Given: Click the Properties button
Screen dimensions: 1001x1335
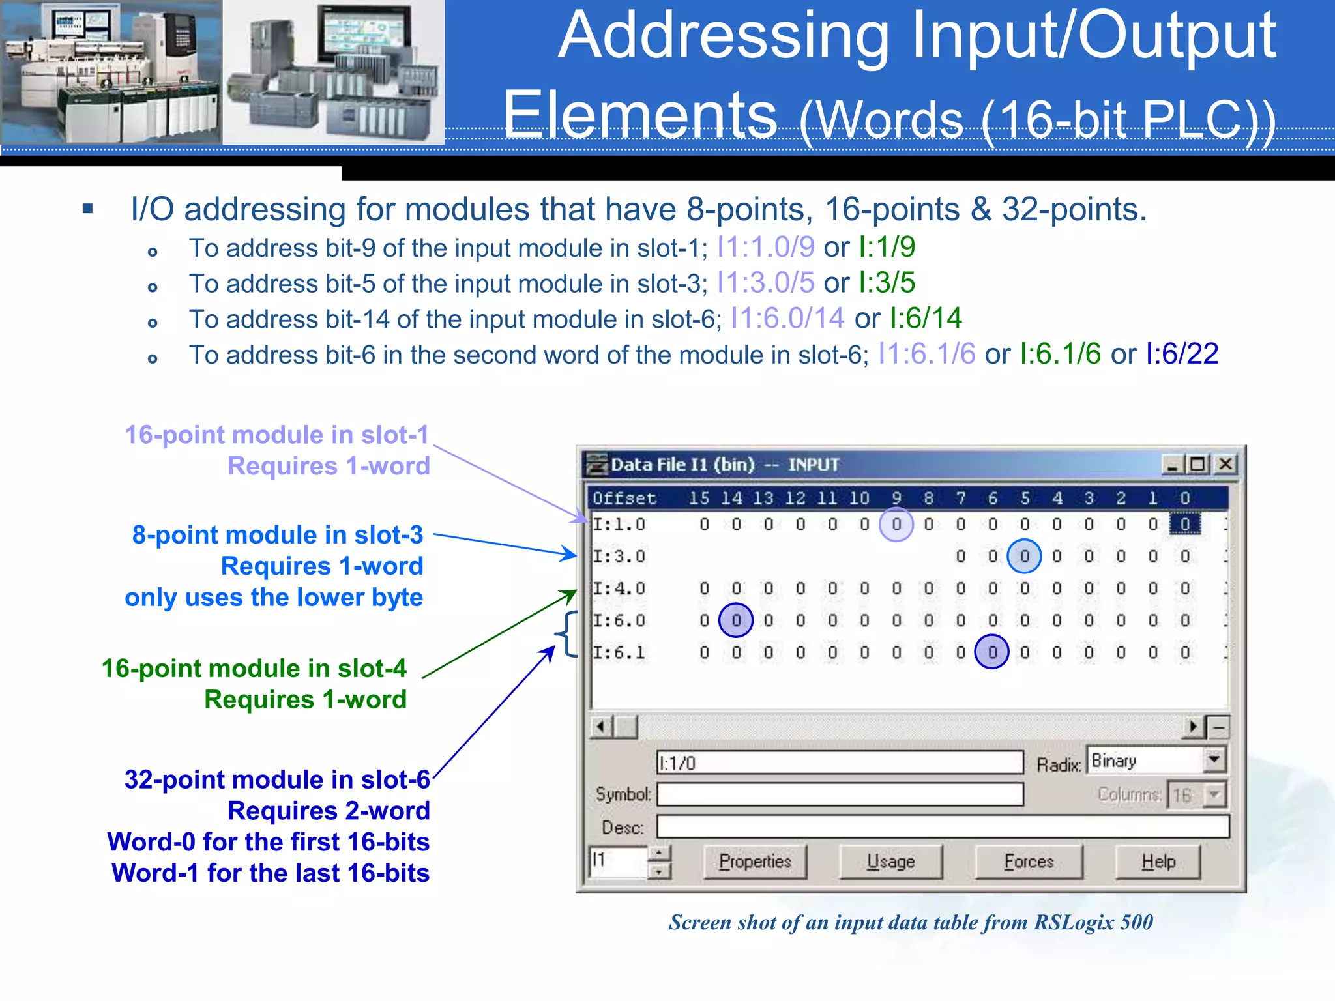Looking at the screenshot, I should click(x=755, y=862).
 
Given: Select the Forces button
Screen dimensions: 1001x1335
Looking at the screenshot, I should click(x=1029, y=862).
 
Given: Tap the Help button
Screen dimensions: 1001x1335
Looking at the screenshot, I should click(x=1158, y=862).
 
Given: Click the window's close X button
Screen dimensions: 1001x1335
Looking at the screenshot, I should click(x=1225, y=464).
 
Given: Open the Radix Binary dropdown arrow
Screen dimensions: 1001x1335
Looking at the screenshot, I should click(x=1214, y=760).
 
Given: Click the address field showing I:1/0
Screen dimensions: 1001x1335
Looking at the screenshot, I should click(x=840, y=762).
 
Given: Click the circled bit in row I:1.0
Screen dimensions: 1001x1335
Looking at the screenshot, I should click(x=896, y=524).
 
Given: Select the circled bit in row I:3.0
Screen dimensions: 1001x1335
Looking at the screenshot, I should click(x=1024, y=556).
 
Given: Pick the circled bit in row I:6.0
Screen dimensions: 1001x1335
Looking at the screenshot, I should click(x=736, y=620).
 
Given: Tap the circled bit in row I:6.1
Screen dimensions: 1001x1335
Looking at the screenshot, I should click(x=992, y=652).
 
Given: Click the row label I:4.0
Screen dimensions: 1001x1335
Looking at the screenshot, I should click(x=619, y=588).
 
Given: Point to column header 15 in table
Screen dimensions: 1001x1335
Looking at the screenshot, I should click(x=699, y=499).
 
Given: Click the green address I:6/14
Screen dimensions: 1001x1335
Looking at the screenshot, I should click(x=926, y=319).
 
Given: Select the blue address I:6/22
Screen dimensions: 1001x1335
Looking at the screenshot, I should click(x=1182, y=354).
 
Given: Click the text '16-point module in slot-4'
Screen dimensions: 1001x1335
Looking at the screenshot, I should click(x=254, y=669).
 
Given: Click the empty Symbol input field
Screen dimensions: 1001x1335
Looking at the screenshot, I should click(x=840, y=794).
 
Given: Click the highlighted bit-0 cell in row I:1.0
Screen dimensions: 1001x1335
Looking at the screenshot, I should click(x=1184, y=524).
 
